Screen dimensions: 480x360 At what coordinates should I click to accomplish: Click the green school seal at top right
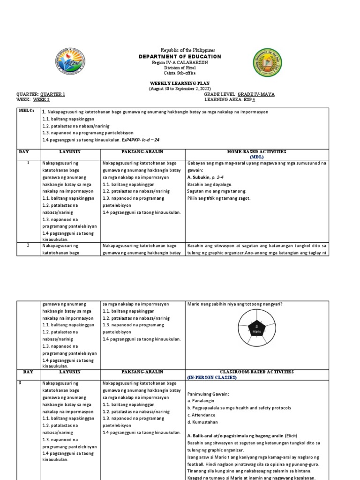point(269,62)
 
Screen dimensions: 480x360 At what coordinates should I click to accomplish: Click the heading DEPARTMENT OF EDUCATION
point(180,56)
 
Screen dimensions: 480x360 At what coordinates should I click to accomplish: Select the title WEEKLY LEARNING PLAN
point(180,83)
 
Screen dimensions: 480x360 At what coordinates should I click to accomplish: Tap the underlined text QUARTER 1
point(52,94)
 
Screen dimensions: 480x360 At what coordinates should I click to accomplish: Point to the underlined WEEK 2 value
point(41,100)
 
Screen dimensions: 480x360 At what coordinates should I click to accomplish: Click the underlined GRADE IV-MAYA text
point(256,94)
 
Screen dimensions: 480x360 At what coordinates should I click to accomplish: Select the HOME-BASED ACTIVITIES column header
point(257,152)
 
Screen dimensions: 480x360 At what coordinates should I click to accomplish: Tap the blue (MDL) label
point(257,157)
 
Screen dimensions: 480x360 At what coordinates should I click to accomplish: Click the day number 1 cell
point(28,163)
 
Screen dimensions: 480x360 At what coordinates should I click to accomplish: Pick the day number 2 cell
point(28,245)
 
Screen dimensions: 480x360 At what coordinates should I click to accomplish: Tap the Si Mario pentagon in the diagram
point(256,329)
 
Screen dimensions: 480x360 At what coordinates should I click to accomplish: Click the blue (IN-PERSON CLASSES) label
point(212,377)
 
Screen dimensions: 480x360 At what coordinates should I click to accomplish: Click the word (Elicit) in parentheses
point(290,435)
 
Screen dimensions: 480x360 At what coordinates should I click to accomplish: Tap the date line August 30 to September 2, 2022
point(180,88)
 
